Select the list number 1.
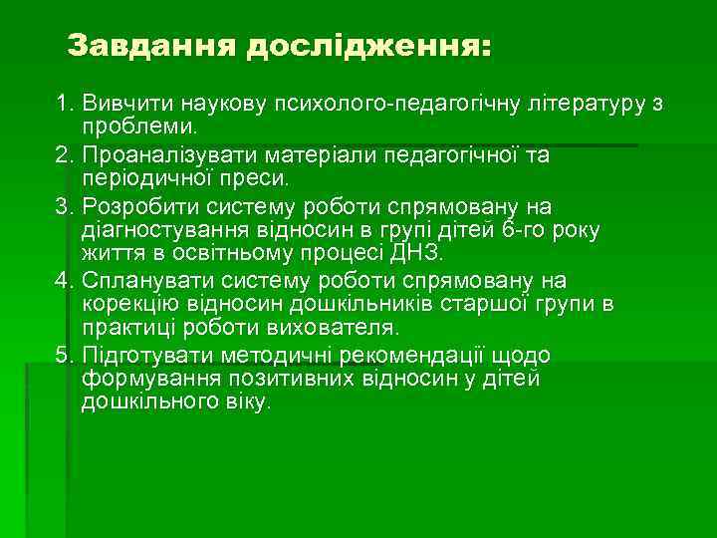63,104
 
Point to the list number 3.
63,206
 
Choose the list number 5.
63,356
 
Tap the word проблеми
138,129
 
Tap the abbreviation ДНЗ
414,255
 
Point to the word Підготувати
141,356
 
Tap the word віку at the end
243,403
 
